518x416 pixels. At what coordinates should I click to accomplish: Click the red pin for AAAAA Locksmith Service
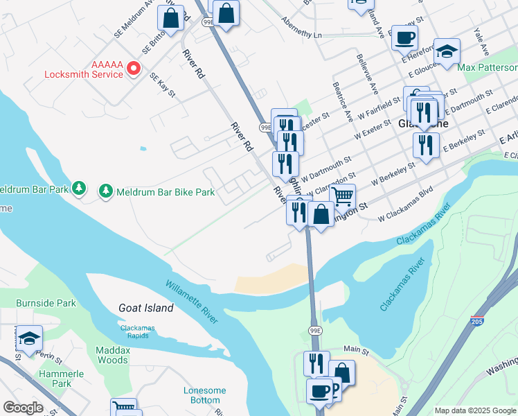point(133,68)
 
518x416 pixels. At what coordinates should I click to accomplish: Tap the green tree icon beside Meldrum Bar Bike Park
point(105,190)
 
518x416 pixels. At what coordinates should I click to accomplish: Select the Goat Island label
point(145,308)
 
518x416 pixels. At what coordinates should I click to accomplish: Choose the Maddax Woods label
point(112,355)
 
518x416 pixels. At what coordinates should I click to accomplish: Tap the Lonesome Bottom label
point(205,395)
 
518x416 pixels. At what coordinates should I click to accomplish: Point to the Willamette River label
point(192,301)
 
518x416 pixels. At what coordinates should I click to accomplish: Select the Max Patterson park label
point(488,68)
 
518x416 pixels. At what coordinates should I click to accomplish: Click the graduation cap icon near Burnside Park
point(29,338)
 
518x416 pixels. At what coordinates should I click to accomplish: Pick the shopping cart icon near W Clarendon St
point(342,196)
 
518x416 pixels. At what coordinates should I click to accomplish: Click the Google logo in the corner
point(23,408)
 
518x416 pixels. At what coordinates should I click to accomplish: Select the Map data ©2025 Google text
point(474,410)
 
